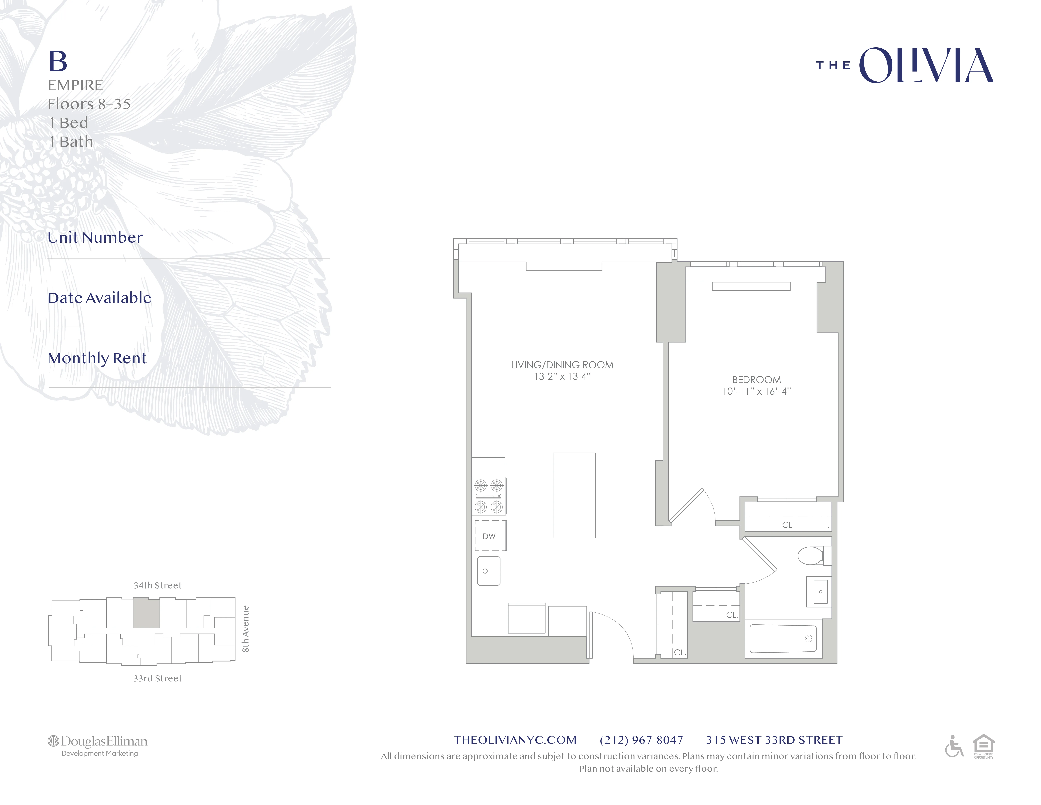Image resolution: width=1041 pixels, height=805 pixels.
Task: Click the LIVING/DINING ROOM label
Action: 562,365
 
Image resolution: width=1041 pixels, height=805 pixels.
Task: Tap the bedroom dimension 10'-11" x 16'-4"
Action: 756,392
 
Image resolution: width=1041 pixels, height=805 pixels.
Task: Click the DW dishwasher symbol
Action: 489,536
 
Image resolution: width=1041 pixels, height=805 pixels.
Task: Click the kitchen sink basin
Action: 489,571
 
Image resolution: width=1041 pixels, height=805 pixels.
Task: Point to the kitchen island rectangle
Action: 574,495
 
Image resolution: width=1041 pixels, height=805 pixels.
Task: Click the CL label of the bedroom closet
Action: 787,525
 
